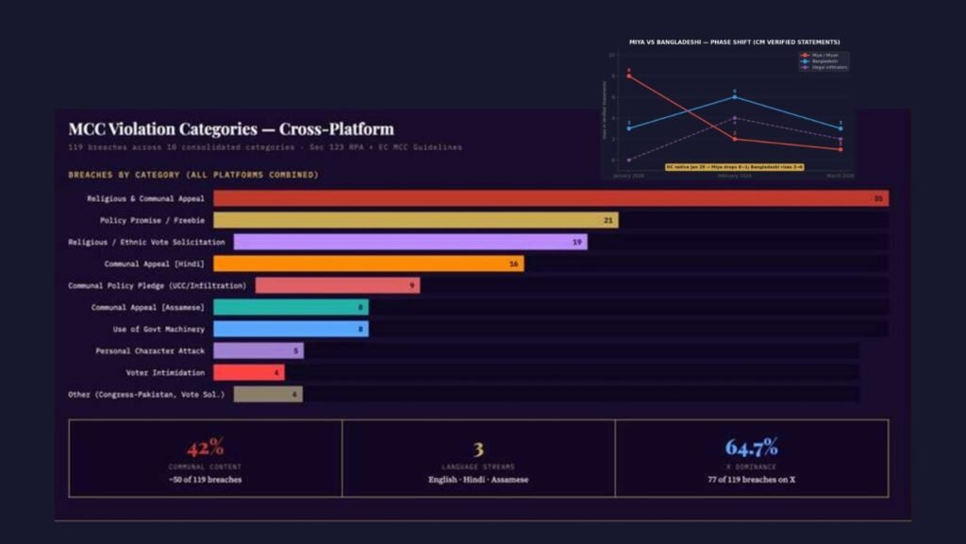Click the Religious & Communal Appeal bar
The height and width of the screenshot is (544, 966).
click(x=550, y=198)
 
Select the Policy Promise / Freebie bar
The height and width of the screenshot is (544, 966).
click(x=415, y=220)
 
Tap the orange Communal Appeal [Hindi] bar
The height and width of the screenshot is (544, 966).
click(x=368, y=263)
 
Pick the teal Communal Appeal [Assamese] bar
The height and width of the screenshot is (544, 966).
click(x=291, y=307)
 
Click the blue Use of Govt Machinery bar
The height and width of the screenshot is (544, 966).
click(x=291, y=329)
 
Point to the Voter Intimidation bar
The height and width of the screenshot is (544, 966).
click(x=248, y=372)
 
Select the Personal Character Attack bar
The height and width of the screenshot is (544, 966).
click(x=258, y=350)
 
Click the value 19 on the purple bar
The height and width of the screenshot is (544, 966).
click(x=576, y=242)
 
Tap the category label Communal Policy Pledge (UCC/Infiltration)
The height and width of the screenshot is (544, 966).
click(x=157, y=285)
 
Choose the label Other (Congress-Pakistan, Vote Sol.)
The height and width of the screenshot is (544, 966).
click(x=146, y=394)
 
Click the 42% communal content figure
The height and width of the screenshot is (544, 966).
click(x=205, y=448)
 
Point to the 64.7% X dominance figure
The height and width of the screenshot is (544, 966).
click(x=751, y=448)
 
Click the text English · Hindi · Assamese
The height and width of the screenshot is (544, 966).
click(x=478, y=480)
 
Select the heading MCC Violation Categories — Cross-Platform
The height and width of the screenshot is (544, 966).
click(x=231, y=128)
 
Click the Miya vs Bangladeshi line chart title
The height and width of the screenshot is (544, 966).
click(x=734, y=42)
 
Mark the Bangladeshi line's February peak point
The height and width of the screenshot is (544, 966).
click(x=734, y=96)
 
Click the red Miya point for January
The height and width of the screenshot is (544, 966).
click(x=629, y=76)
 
